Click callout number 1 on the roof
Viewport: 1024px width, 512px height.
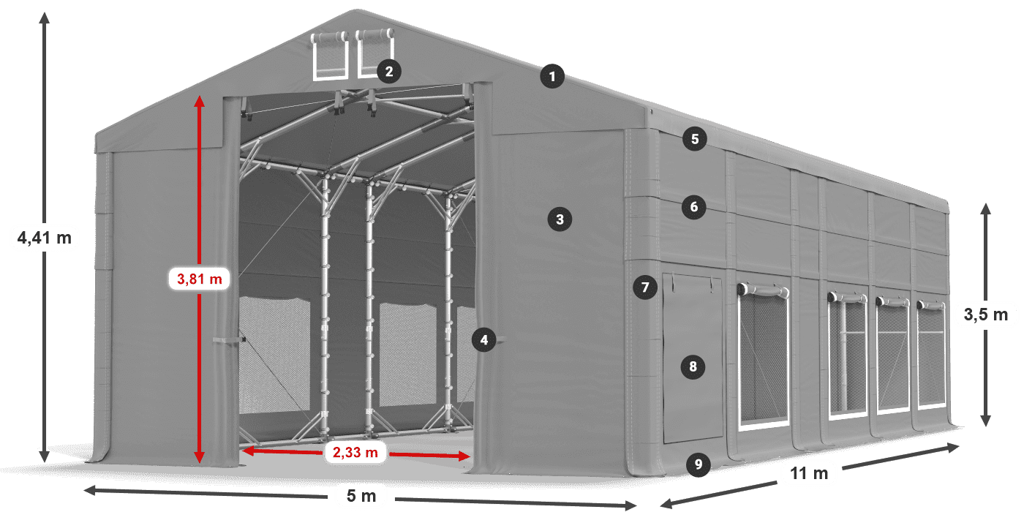(552, 76)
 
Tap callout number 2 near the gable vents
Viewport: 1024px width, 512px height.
(389, 72)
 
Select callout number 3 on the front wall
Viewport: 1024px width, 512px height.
(560, 219)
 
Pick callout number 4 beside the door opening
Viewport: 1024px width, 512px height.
(484, 339)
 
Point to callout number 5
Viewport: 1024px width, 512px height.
(695, 139)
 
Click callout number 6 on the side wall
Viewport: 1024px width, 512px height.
(694, 207)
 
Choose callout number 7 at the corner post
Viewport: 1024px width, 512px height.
(645, 287)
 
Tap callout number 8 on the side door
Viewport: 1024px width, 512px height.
(693, 366)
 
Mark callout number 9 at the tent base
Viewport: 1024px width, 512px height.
(698, 464)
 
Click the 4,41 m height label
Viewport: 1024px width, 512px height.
(45, 238)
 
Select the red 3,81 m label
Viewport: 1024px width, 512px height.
(199, 279)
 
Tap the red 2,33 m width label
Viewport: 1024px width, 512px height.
(355, 452)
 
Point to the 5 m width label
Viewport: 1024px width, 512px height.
(361, 496)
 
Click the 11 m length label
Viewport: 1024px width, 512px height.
(809, 474)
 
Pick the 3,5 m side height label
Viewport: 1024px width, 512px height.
(986, 315)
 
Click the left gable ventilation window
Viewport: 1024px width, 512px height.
(330, 56)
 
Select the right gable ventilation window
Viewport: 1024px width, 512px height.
(374, 53)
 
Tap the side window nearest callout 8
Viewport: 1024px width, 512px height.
(764, 357)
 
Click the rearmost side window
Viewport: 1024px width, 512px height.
(931, 355)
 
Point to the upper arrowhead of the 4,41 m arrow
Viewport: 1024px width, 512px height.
(45, 18)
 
